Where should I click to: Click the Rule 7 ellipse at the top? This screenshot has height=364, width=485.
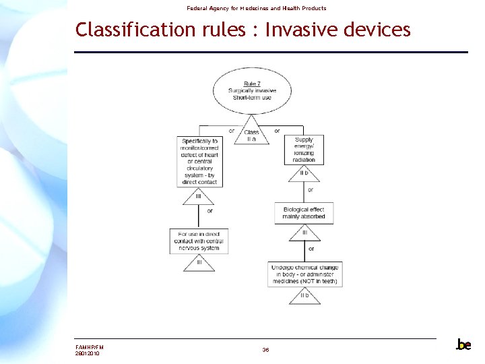(253, 91)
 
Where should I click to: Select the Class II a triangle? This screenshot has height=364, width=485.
(251, 135)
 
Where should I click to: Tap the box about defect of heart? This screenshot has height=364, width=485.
(200, 162)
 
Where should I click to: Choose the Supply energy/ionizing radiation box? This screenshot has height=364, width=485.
(304, 150)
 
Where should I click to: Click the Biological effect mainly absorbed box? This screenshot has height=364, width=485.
(303, 212)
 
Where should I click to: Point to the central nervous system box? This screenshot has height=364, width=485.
(199, 241)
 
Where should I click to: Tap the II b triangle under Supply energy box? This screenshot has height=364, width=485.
(304, 174)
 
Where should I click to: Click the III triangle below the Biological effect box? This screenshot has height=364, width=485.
(304, 233)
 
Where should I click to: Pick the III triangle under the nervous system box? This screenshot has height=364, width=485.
(199, 262)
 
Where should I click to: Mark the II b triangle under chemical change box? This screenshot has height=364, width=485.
(304, 296)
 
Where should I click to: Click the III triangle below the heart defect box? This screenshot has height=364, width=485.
(199, 197)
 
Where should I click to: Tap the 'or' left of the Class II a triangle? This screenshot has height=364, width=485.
(232, 131)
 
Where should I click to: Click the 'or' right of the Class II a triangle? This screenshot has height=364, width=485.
(277, 131)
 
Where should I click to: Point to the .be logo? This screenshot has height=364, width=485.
(463, 344)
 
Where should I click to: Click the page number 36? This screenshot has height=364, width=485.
(265, 350)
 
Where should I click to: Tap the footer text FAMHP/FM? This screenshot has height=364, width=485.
(90, 347)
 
